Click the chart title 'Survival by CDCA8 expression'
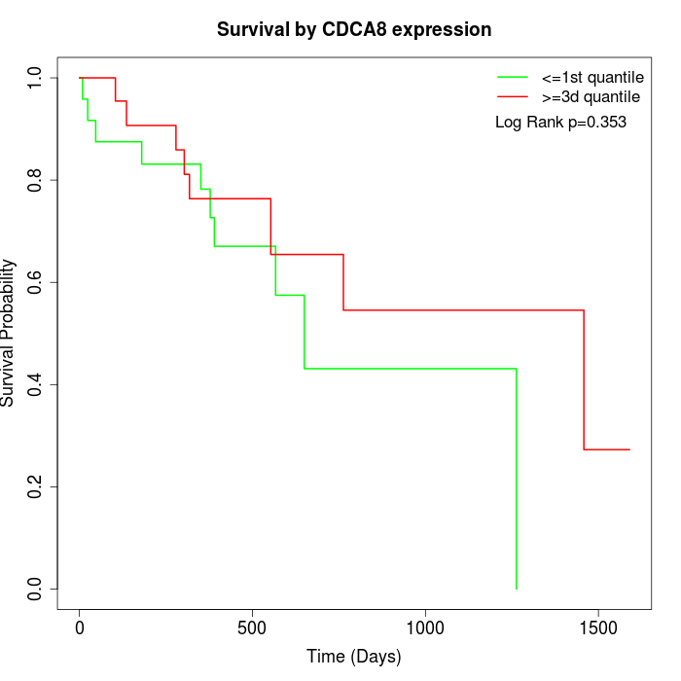(x=354, y=29)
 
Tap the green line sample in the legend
(x=513, y=77)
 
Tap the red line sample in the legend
(x=513, y=96)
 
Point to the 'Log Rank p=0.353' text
(x=560, y=123)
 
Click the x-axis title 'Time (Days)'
(x=354, y=657)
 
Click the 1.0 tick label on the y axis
(x=36, y=78)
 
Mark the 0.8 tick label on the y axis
(x=36, y=180)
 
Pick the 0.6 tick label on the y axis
(x=36, y=282)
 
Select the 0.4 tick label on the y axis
(x=36, y=384)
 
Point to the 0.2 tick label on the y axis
(x=36, y=486)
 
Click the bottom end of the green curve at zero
(x=516, y=589)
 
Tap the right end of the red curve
(x=629, y=449)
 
